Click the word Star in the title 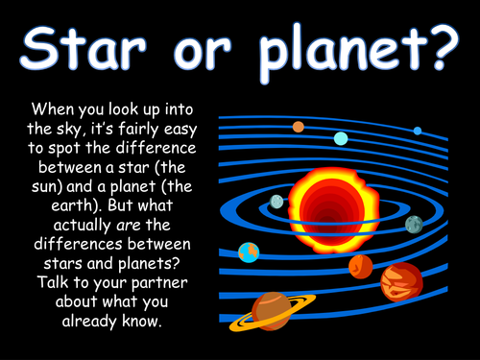pyautogui.click(x=84, y=48)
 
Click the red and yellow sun pyautogui.click(x=334, y=210)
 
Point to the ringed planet pyautogui.click(x=272, y=312)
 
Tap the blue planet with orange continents pyautogui.click(x=249, y=252)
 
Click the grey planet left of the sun pyautogui.click(x=276, y=202)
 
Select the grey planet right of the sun pyautogui.click(x=414, y=225)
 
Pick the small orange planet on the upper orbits pyautogui.click(x=299, y=127)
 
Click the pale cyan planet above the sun pyautogui.click(x=341, y=138)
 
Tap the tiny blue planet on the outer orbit pyautogui.click(x=418, y=131)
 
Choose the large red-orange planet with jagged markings pyautogui.click(x=401, y=282)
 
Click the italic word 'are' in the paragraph pyautogui.click(x=129, y=226)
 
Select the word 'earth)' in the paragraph pyautogui.click(x=77, y=205)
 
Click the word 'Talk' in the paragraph pyautogui.click(x=53, y=282)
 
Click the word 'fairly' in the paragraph pyautogui.click(x=138, y=130)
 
